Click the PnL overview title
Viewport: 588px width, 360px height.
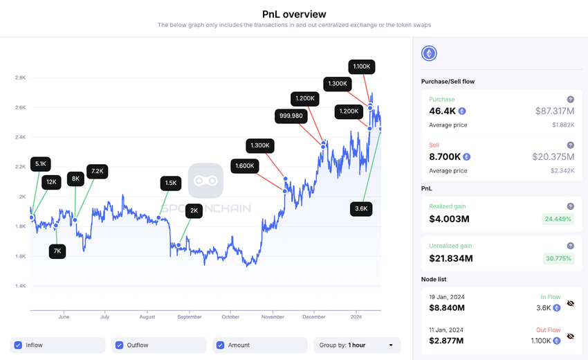point(294,14)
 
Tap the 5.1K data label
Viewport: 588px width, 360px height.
point(40,164)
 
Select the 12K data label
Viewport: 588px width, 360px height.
point(51,182)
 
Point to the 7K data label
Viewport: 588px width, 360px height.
point(57,251)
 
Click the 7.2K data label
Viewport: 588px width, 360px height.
point(97,170)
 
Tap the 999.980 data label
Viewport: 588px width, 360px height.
point(291,116)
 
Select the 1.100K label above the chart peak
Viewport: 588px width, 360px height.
point(362,66)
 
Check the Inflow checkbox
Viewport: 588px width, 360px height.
point(19,345)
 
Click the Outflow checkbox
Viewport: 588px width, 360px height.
point(120,345)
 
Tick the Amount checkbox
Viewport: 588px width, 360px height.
point(221,345)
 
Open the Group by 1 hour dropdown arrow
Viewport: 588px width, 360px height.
point(391,345)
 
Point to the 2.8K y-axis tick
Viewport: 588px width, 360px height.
point(21,78)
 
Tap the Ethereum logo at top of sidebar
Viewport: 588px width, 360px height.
point(430,54)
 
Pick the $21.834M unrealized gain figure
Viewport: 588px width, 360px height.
point(451,258)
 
